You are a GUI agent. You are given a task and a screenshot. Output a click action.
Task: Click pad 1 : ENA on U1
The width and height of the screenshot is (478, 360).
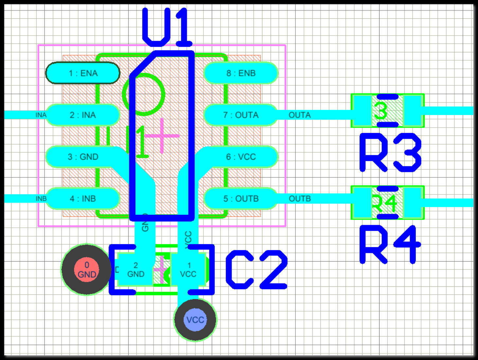(83, 73)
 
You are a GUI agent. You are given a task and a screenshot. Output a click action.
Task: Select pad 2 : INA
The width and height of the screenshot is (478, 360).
(83, 115)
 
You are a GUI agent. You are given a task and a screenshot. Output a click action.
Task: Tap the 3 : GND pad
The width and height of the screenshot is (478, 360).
(83, 157)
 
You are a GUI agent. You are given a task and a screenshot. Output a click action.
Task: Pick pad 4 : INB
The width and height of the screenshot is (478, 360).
(83, 199)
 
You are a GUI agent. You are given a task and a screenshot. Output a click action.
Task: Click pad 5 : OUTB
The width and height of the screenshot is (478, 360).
(241, 199)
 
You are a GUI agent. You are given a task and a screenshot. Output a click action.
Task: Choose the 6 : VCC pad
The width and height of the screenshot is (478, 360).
(241, 157)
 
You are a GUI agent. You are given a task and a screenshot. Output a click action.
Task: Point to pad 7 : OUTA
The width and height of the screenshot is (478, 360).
(241, 115)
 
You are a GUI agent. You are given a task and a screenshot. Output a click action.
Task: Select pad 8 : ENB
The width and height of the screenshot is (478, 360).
(241, 73)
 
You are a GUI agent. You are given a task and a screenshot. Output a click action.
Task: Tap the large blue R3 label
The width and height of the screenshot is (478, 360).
(390, 153)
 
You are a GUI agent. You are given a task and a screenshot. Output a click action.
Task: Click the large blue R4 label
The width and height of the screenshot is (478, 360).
(390, 244)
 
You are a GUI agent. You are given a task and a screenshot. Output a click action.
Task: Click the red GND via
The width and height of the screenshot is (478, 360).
(87, 270)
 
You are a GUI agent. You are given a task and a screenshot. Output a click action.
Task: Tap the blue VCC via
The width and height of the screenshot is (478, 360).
(195, 320)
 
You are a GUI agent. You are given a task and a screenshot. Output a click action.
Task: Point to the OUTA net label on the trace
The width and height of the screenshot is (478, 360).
(299, 115)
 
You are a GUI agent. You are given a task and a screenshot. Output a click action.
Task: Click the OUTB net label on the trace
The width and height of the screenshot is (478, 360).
(299, 199)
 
